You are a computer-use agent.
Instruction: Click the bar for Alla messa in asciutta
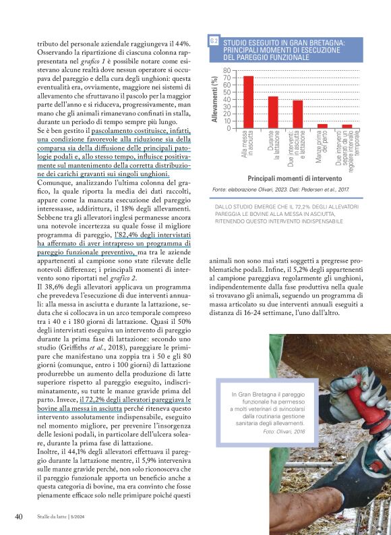point(248,102)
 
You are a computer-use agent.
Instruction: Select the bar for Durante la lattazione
point(273,112)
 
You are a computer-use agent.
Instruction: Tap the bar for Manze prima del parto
point(322,125)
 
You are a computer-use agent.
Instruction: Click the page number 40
point(20,517)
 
